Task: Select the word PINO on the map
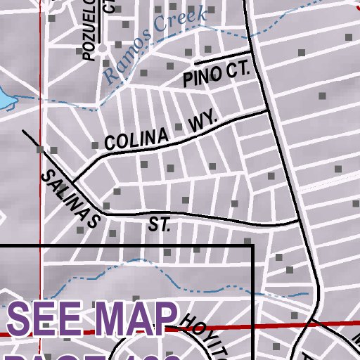point(200,77)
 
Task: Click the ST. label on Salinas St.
point(160,225)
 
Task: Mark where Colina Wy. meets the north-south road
point(269,110)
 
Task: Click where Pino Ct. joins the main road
point(252,52)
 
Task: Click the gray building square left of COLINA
point(96,146)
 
